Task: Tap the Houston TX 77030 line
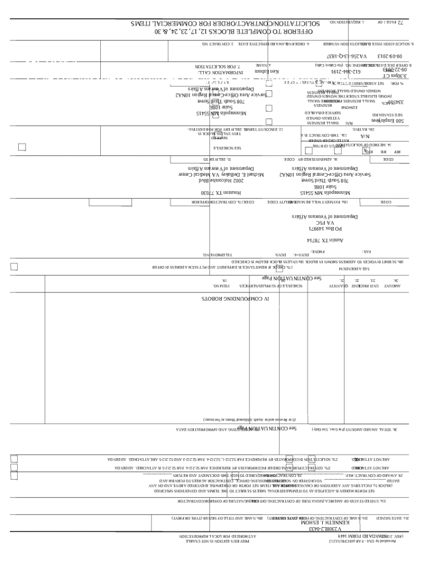click(x=227, y=193)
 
